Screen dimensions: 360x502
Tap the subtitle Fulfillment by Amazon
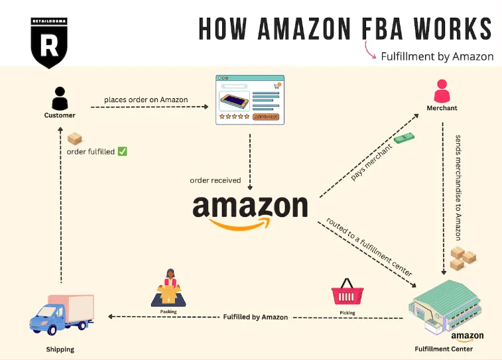(437, 56)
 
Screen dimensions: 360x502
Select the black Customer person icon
(60, 99)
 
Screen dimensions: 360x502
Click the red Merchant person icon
(442, 90)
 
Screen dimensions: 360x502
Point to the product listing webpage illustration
(250, 100)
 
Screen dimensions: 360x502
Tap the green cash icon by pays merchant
(403, 139)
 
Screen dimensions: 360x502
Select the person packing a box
(168, 288)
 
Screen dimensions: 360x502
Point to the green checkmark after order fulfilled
(122, 152)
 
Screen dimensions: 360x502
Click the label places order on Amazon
(146, 100)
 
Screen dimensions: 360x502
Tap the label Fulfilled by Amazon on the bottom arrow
(255, 318)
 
